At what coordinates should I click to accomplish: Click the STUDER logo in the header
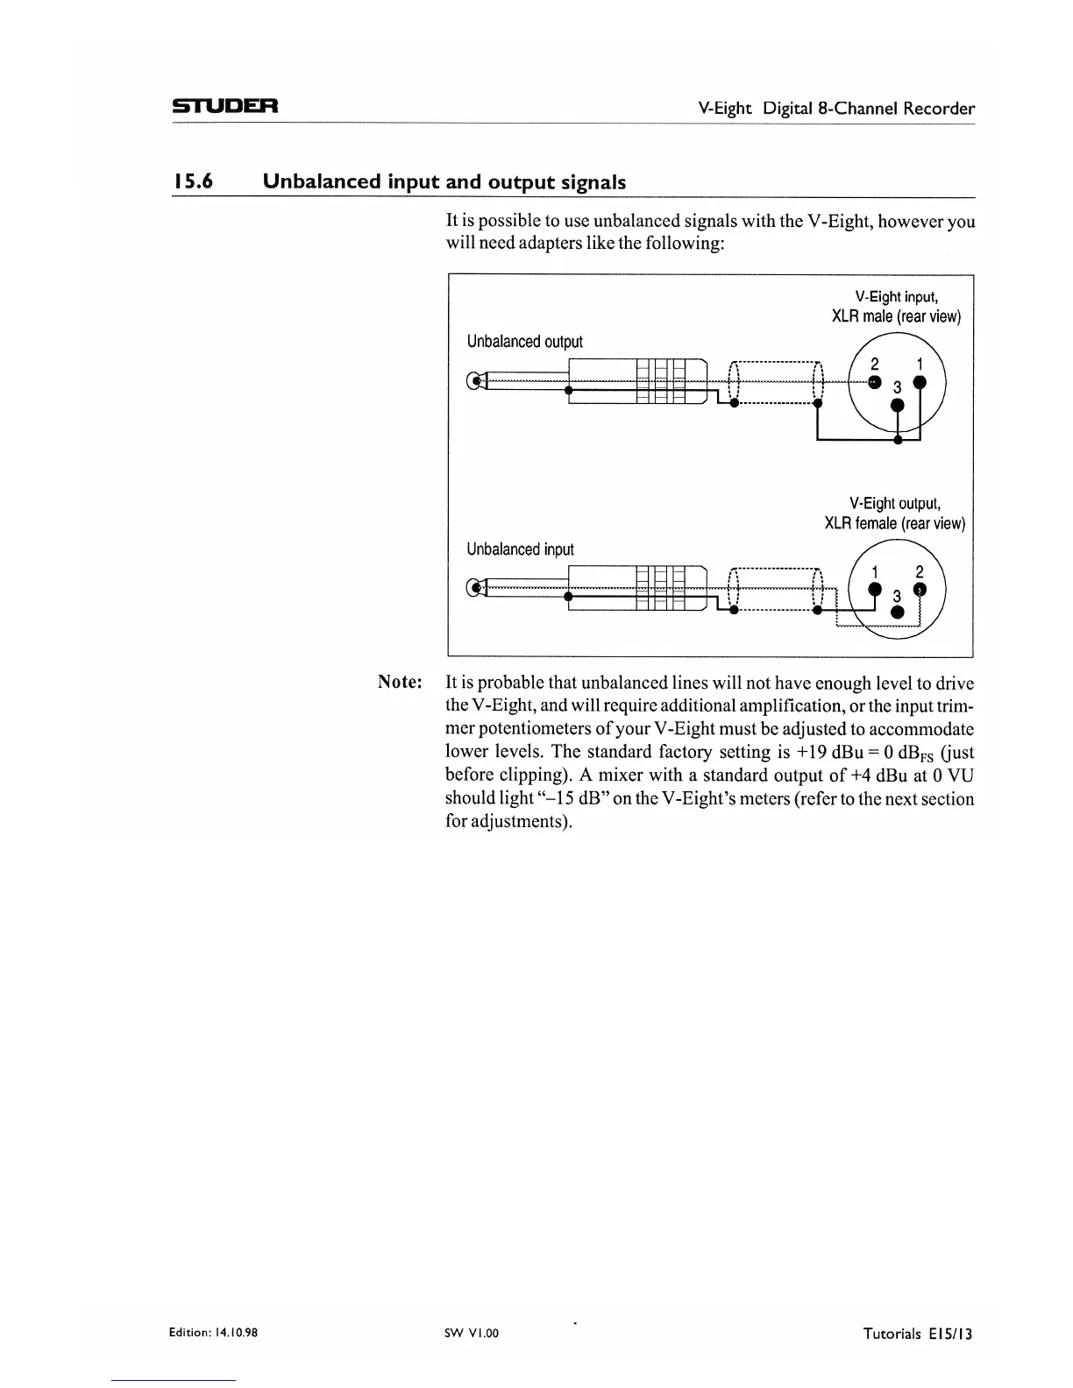224,108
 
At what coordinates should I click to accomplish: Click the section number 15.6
195,182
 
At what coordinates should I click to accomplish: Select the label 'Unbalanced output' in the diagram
524,342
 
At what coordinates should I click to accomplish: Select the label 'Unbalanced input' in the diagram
520,549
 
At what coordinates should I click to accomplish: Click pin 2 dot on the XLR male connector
874,381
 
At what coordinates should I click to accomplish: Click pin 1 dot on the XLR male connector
920,381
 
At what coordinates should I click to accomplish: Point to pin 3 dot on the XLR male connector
897,405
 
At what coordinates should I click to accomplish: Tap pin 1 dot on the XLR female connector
874,589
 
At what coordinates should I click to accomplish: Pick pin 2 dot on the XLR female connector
920,589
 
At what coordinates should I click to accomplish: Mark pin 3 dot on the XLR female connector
897,613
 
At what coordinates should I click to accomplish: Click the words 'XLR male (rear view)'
896,316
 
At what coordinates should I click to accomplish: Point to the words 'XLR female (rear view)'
894,524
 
